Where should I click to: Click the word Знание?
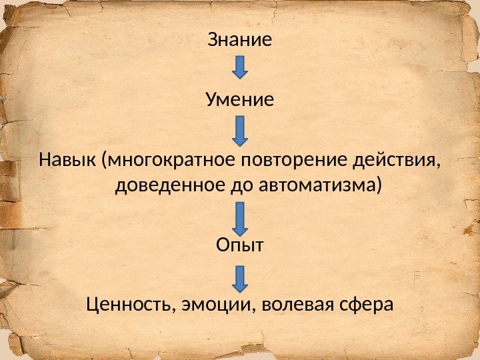coord(240,40)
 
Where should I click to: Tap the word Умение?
coord(240,101)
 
